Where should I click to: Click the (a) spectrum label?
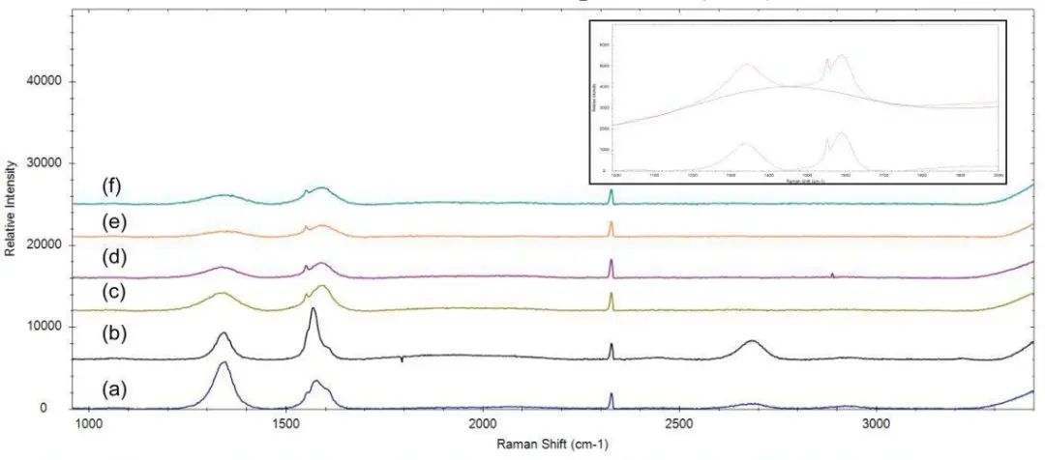coord(115,390)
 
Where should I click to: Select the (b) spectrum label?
coord(115,334)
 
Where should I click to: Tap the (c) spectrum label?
coord(115,291)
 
